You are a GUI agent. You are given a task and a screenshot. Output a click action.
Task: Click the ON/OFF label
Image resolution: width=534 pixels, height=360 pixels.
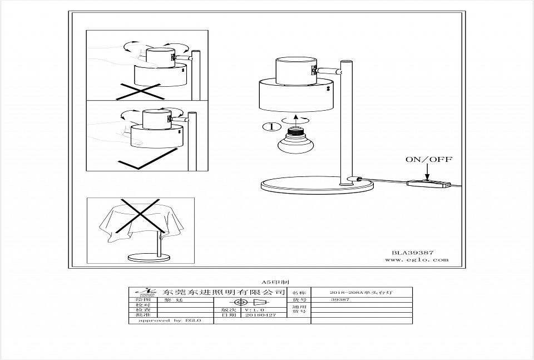429,160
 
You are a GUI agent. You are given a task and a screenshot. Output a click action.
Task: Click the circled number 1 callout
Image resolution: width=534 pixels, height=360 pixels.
271,127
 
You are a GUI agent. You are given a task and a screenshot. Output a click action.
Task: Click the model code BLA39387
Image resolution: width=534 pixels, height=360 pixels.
413,252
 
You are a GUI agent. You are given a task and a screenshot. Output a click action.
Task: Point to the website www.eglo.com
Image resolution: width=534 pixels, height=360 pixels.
417,260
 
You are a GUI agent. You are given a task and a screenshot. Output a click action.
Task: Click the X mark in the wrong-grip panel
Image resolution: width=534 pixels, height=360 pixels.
139,90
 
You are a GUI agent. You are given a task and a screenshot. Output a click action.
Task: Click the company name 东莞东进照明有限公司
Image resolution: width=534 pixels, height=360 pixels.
225,292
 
